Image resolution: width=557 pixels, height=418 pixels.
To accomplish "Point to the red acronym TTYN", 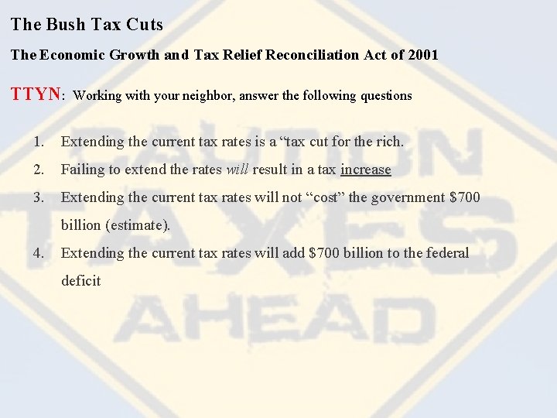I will pos(36,94).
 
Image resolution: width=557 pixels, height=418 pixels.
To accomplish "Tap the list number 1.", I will pos(39,142).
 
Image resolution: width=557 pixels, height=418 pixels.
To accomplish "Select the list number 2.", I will pos(39,170).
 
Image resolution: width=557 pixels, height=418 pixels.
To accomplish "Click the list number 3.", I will pos(39,197).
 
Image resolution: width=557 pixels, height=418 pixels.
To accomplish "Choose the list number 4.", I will pos(39,253).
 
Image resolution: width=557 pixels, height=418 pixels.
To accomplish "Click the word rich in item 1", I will pos(389,142).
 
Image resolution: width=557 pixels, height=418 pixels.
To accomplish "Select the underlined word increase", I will pos(366,170).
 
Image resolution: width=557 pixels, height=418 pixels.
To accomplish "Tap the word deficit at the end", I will pos(80,281).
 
